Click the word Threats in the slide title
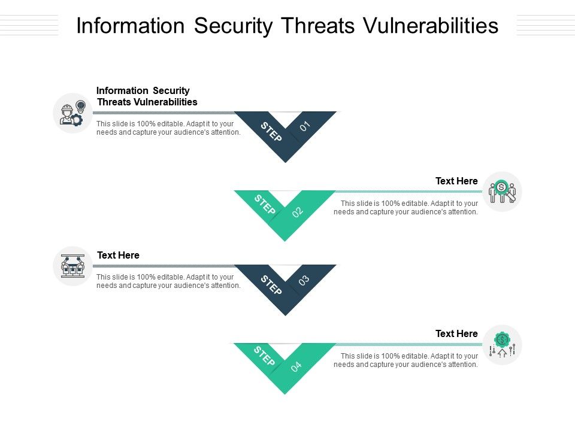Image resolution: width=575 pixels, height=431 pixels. [318, 26]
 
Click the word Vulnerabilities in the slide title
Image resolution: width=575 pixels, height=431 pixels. [431, 26]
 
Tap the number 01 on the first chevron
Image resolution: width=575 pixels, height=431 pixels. [305, 126]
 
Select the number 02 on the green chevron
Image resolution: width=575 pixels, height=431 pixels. [298, 212]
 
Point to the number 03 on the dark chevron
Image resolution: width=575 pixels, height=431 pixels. [304, 280]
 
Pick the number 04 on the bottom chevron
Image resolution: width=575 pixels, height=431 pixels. [296, 366]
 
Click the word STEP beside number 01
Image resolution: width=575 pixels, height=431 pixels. [271, 132]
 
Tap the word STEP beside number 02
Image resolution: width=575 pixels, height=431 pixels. [265, 204]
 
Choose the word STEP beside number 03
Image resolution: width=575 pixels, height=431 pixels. [271, 285]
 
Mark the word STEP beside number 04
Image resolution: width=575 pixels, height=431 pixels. [264, 356]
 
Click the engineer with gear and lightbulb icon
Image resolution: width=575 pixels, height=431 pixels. [72, 113]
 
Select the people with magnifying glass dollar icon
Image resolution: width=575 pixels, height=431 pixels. [502, 192]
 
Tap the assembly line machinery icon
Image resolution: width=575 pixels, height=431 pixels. [72, 266]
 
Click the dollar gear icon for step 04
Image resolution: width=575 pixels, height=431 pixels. [502, 345]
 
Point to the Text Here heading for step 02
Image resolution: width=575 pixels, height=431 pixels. [456, 181]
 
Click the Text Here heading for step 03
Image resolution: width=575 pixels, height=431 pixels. [118, 255]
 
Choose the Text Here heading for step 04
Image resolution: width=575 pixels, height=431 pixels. [456, 333]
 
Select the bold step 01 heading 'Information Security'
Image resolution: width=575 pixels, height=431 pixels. [143, 90]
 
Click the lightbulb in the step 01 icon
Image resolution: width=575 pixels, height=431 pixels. [81, 107]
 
